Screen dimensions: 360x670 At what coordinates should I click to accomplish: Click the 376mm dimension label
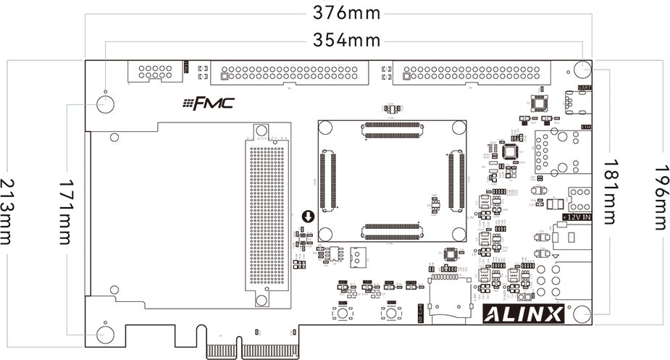coord(346,13)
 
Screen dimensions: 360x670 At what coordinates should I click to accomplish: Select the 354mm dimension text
coord(346,40)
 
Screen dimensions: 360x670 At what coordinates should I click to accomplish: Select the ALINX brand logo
coord(523,314)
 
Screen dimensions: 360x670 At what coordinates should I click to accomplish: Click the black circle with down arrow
coord(308,217)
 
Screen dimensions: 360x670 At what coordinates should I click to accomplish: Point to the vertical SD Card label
coord(420,313)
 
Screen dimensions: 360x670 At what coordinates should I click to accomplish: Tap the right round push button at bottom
coord(391,314)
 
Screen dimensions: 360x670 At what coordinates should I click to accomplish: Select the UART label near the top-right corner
coord(584,88)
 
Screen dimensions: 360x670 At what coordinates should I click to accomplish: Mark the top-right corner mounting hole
coord(583,70)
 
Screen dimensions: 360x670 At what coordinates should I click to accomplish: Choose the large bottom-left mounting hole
coord(105,335)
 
